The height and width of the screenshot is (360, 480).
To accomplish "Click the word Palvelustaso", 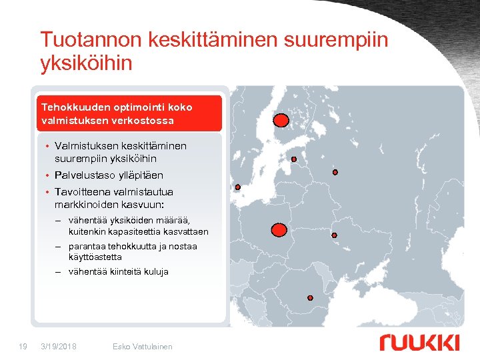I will [x=85, y=175].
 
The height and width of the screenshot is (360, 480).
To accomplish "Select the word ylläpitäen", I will [x=140, y=175].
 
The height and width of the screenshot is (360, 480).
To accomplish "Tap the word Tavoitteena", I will [x=85, y=192].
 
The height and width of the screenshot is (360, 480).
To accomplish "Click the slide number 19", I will [x=23, y=346].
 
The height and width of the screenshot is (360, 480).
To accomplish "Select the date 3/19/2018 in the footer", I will [x=59, y=346].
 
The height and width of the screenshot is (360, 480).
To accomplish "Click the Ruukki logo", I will [x=419, y=343].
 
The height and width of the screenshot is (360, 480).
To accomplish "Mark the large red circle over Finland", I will [x=282, y=120].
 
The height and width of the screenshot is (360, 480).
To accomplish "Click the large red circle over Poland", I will [x=280, y=230].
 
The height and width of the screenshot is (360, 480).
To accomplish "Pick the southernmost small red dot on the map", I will [x=310, y=297].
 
